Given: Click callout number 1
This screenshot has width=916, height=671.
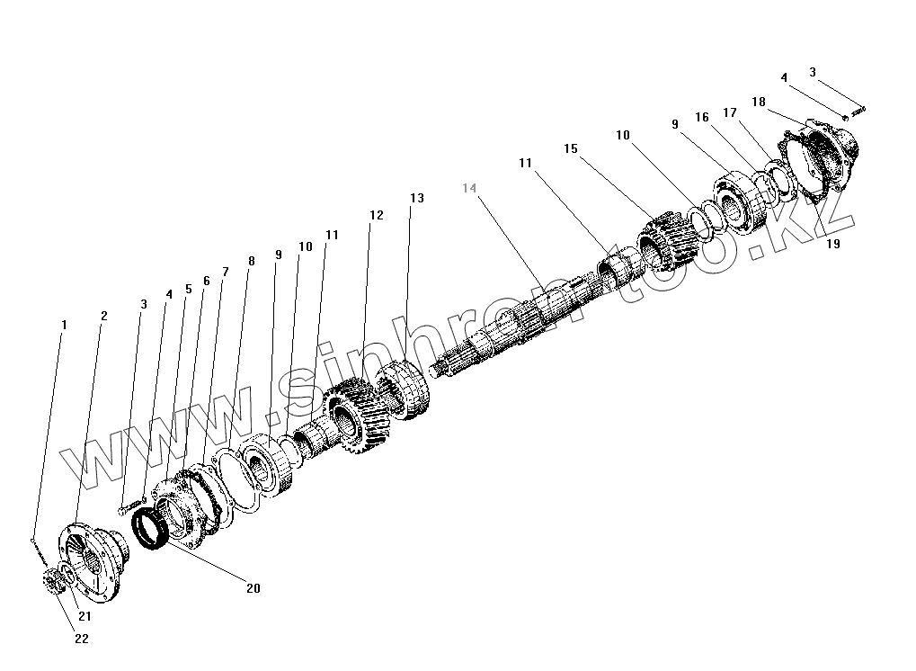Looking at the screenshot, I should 64,325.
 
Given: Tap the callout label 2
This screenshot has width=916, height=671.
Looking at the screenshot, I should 104,317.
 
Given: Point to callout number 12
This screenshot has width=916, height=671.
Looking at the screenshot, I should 376,216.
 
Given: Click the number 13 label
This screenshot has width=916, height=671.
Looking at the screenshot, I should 415,198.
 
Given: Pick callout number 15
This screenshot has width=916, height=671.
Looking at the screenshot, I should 570,148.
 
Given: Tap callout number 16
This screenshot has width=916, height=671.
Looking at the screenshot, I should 702,118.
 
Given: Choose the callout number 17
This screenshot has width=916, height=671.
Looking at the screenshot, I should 730,113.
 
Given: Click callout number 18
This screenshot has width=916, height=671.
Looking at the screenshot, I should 759,103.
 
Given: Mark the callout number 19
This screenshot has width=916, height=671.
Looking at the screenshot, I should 833,244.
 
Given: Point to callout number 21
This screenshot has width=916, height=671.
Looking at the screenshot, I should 84,616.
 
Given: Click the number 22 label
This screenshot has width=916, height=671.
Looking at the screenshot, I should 82,640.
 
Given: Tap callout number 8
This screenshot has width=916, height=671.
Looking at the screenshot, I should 252,262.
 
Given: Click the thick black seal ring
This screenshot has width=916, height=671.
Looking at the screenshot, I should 148,532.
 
